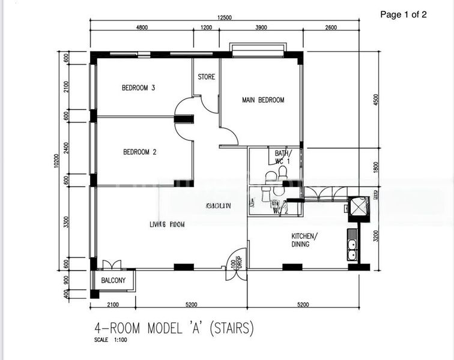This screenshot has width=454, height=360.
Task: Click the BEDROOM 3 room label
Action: coord(139,88)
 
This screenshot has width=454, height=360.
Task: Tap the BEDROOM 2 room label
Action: coord(139,152)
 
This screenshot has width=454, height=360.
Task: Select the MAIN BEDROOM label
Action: coord(263,100)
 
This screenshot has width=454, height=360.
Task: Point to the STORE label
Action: coord(207,77)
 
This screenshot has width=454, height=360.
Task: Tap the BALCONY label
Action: coord(113,281)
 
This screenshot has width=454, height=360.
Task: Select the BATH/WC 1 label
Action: coord(282,157)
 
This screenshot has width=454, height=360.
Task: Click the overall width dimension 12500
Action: coord(225,18)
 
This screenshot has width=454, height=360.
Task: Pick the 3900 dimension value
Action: coord(261,28)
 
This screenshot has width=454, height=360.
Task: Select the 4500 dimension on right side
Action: coord(377,100)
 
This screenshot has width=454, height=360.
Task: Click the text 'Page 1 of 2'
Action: coord(404,16)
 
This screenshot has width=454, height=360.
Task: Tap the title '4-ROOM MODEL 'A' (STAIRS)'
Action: coord(174,328)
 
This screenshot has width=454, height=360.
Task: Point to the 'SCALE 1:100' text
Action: coord(111,340)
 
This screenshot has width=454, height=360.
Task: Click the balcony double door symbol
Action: coord(112,265)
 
